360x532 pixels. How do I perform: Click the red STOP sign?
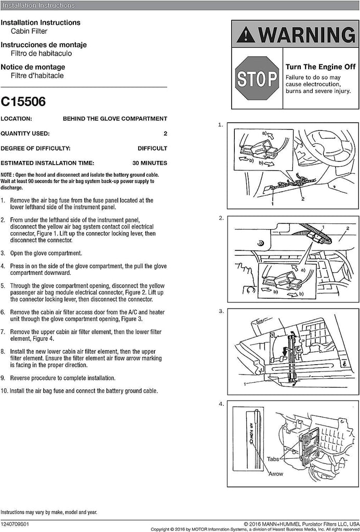tap(257, 78)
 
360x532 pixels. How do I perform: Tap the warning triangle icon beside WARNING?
tap(246, 36)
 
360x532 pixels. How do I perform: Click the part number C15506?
tap(23, 102)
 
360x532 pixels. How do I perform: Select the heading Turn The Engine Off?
tap(319, 67)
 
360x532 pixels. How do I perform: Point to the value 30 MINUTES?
tap(150, 163)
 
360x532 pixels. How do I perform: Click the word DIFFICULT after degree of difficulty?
tap(152, 148)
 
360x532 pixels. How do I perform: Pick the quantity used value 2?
tap(165, 134)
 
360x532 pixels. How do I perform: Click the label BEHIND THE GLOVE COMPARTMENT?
tap(115, 118)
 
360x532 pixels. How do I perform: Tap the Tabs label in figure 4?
tap(273, 459)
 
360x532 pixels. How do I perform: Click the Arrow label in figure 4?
tap(276, 474)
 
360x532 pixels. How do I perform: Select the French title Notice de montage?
tap(33, 67)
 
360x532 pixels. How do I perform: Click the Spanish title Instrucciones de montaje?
tap(43, 45)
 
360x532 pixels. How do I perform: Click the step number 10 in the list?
tap(4, 391)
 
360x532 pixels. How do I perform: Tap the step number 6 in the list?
tap(3, 312)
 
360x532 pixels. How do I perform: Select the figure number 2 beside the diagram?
tap(221, 218)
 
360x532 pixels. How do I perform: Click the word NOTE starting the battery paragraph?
tap(6, 175)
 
